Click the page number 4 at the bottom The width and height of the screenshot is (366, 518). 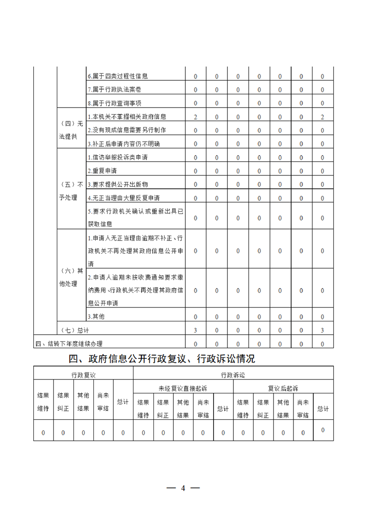tap(183, 488)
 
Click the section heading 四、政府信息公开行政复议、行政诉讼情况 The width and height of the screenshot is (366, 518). tap(162, 358)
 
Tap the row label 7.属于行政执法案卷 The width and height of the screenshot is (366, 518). tap(114, 90)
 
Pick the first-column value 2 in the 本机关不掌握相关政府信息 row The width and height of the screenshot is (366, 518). tap(195, 117)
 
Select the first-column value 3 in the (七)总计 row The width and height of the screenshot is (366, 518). tap(195, 330)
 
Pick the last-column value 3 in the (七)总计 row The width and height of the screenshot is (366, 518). tap(322, 330)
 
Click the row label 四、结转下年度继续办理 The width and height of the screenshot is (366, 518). tap(69, 343)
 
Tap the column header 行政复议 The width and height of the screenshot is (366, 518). tap(83, 375)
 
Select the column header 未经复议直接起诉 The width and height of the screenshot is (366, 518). tap(183, 388)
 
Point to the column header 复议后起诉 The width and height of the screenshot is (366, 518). tap(283, 388)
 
